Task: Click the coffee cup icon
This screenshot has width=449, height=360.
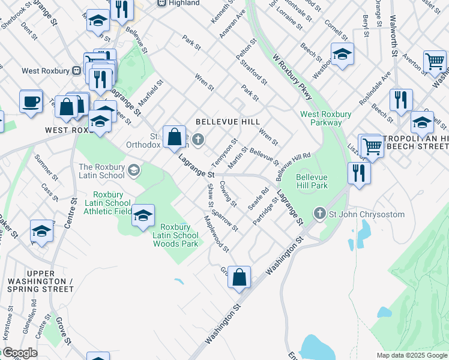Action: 31,101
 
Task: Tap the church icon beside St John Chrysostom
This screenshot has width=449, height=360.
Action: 320,214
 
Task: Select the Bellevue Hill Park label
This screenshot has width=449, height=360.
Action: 312,181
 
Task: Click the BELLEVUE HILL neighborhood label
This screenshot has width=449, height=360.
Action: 228,122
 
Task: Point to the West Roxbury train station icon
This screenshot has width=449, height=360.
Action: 76,71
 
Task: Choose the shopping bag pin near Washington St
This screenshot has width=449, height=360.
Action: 239,277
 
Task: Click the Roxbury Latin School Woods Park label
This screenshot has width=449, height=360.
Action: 175,235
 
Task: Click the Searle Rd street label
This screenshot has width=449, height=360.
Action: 261,197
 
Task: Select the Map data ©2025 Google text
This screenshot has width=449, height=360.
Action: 411,355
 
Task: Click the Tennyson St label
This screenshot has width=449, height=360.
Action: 221,152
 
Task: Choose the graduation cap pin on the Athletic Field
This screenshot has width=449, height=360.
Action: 143,216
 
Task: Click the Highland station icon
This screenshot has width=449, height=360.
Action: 161,3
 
